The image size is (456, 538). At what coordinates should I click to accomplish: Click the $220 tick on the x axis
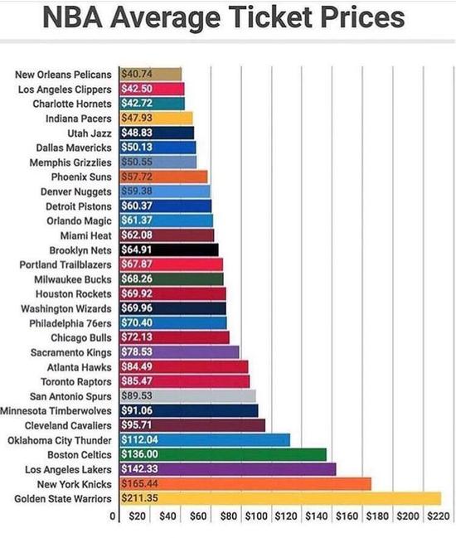coord(439,516)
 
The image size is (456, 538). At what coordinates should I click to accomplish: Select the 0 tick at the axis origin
coord(113,516)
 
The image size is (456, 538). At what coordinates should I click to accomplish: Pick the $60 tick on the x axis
coord(197,516)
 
